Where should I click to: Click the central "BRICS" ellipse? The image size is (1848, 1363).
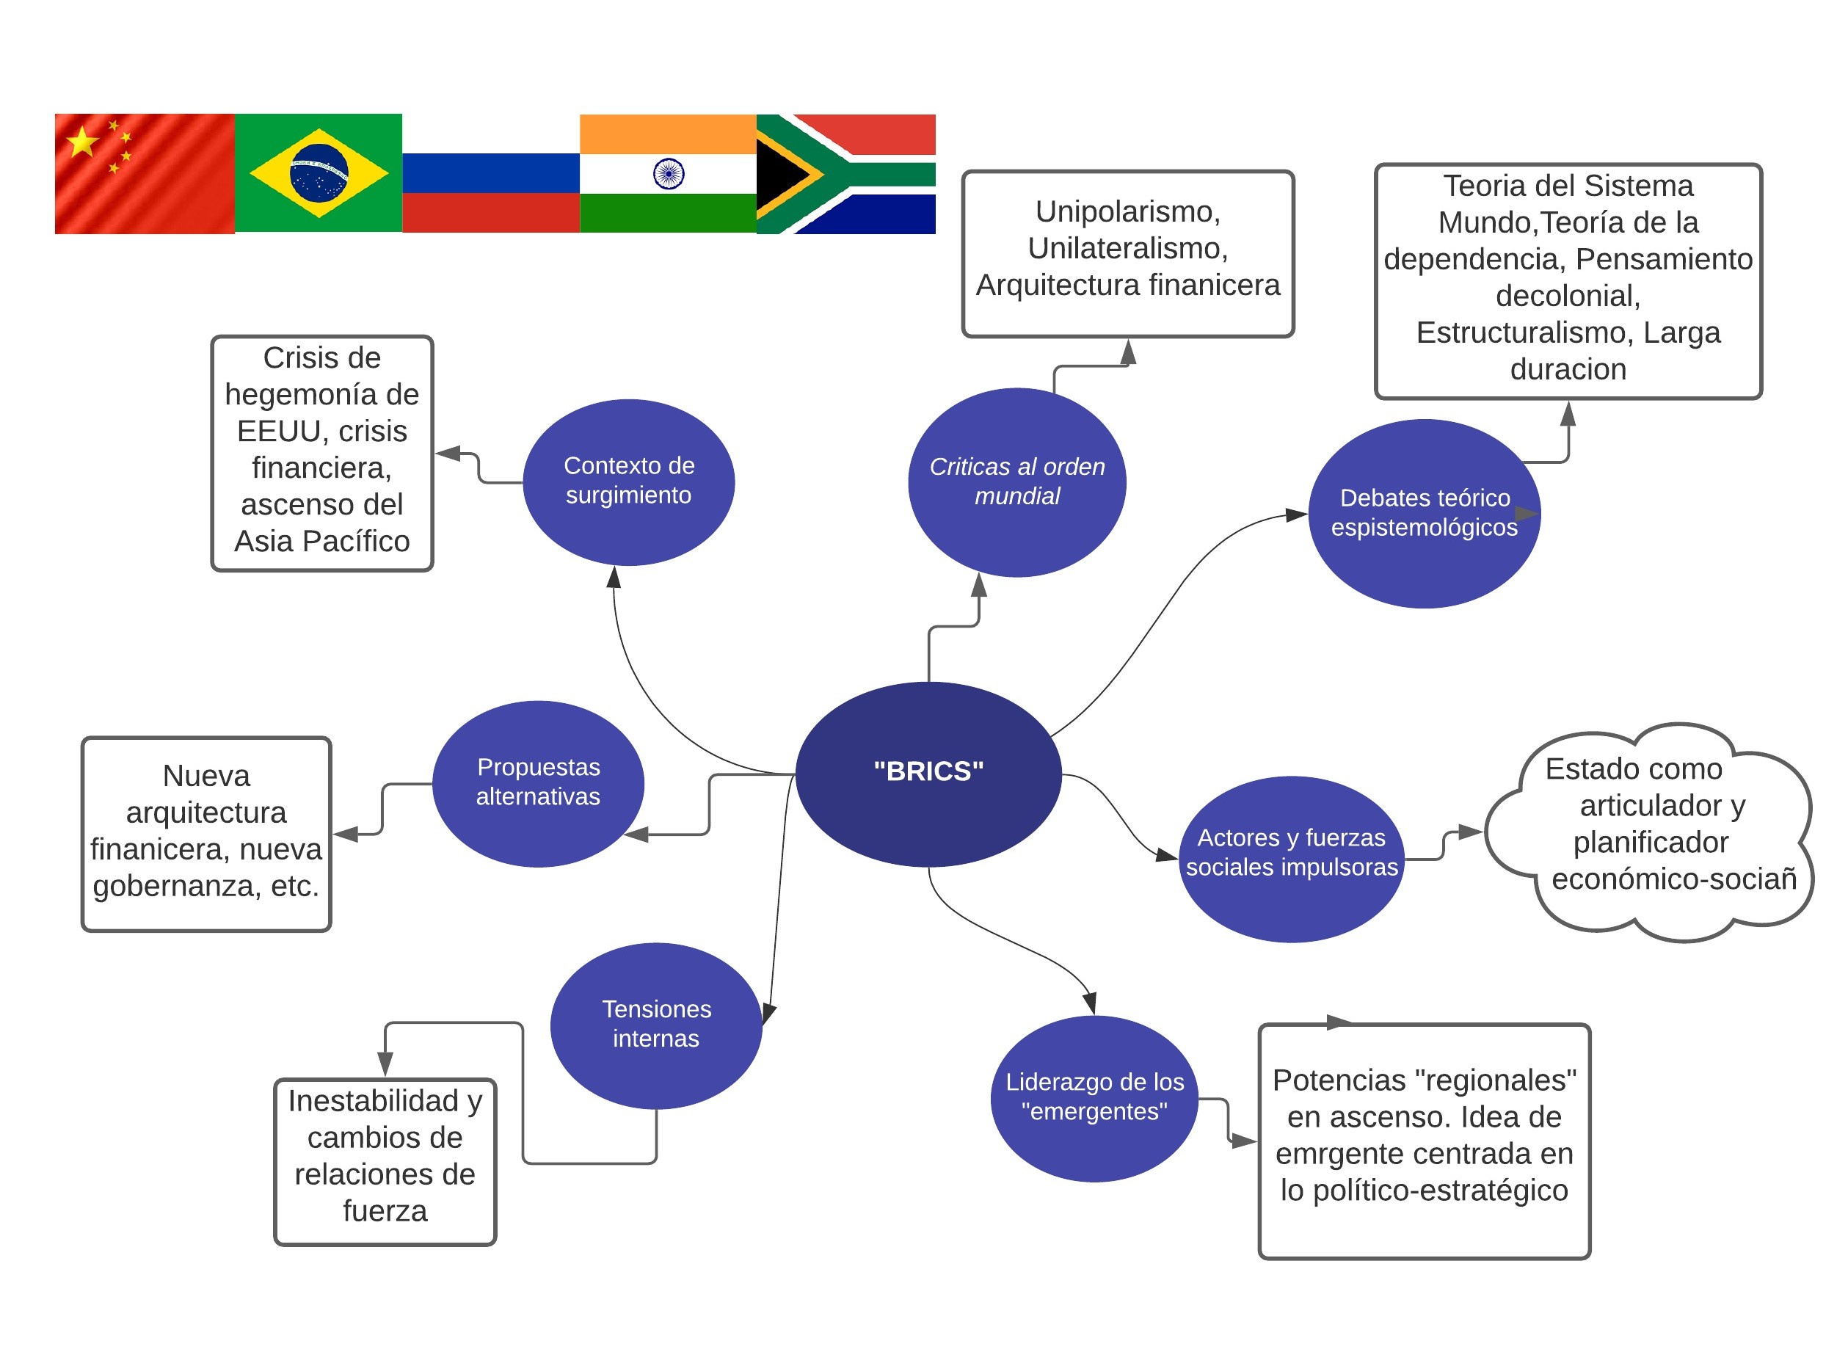coord(928,773)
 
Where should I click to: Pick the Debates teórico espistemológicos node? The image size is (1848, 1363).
coord(1424,513)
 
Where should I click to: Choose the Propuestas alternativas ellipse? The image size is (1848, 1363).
coord(538,783)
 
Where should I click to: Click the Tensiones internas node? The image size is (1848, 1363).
coord(656,1025)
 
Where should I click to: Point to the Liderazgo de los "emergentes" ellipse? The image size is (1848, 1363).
coord(1094,1097)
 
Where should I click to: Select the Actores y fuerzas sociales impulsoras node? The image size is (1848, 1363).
coord(1291,858)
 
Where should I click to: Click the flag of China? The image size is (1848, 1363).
coord(145,173)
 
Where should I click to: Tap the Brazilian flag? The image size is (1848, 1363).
coord(319,173)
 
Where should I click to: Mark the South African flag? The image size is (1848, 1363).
coord(845,173)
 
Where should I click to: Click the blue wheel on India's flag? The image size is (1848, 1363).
coord(669,173)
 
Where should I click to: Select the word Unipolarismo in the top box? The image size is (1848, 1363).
coord(1128,212)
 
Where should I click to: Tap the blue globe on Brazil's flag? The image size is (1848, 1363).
coord(319,173)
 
